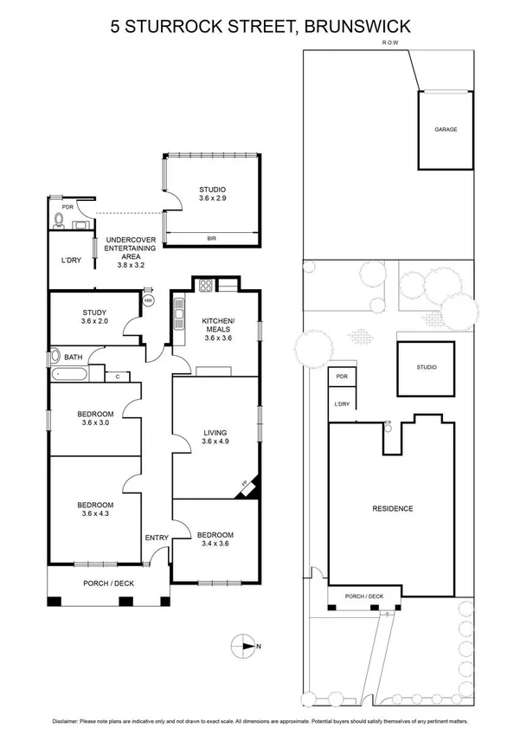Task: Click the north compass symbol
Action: tap(245, 644)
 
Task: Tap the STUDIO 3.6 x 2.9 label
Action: tap(212, 195)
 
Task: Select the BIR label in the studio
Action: tap(211, 238)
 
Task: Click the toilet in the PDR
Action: tap(59, 219)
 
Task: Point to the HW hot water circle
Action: tap(148, 301)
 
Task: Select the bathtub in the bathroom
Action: tap(67, 374)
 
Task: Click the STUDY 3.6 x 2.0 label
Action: tap(94, 319)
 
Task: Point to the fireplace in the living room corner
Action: tap(247, 488)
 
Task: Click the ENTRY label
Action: tap(157, 538)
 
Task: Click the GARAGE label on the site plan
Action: tap(446, 129)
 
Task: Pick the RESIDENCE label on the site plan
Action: tap(392, 508)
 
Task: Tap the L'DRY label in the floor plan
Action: tap(70, 261)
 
